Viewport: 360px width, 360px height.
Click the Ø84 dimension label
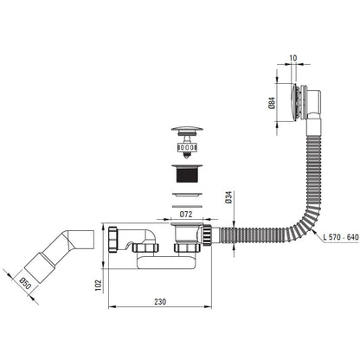pyautogui.click(x=272, y=103)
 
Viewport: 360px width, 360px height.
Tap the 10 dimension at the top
pyautogui.click(x=292, y=58)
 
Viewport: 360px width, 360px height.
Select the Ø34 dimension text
pyautogui.click(x=229, y=197)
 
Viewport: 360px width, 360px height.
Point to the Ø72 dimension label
pyautogui.click(x=186, y=215)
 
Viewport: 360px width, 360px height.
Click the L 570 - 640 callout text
pyautogui.click(x=341, y=237)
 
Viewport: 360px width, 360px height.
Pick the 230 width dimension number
pyautogui.click(x=160, y=302)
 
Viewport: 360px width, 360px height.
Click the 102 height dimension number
pyautogui.click(x=99, y=286)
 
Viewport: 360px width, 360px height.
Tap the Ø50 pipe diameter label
pyautogui.click(x=25, y=284)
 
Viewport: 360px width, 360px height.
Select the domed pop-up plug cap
pyautogui.click(x=187, y=129)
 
